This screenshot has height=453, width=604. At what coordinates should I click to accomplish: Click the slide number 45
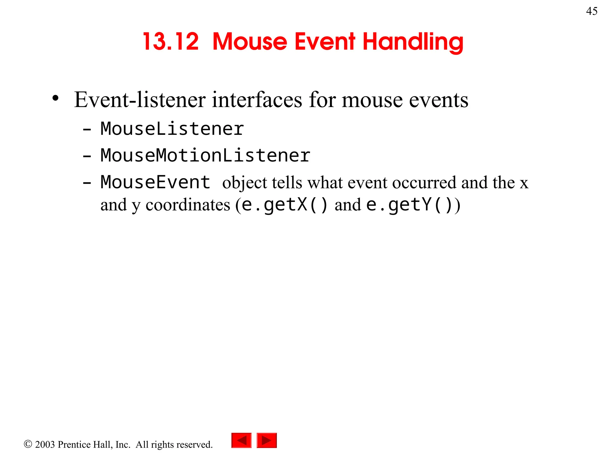[x=592, y=11]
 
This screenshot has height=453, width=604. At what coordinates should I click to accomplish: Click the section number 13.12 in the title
[x=171, y=42]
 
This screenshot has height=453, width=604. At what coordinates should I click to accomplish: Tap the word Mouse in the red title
[x=250, y=42]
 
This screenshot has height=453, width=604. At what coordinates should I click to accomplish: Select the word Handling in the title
[x=413, y=42]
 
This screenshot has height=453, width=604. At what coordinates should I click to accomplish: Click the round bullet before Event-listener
[x=55, y=99]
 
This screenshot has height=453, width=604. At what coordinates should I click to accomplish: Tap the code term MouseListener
[x=172, y=129]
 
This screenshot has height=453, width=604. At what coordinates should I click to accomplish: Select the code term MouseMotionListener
[x=205, y=155]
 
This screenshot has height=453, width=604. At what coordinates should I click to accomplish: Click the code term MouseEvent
[x=155, y=182]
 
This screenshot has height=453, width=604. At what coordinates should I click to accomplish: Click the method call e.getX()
[x=284, y=205]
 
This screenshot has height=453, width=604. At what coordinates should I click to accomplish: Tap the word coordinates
[x=188, y=205]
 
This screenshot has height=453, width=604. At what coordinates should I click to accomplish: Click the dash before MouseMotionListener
[x=87, y=156]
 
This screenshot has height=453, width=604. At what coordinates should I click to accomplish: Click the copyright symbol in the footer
[x=28, y=444]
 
